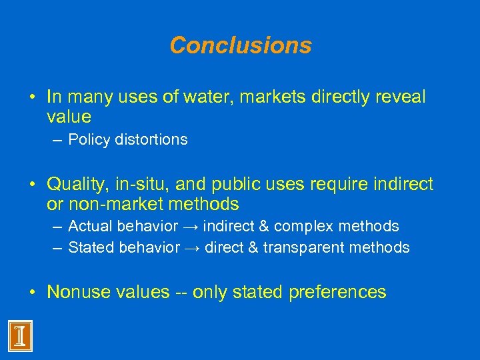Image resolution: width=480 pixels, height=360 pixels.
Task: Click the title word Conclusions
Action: tap(240, 45)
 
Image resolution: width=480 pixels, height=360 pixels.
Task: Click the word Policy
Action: tap(88, 140)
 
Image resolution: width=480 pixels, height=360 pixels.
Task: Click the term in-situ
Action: tap(139, 185)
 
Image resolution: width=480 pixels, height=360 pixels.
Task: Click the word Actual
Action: tap(89, 227)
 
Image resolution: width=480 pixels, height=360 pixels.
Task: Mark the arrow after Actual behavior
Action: tap(192, 227)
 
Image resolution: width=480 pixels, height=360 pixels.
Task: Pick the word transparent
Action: tap(302, 248)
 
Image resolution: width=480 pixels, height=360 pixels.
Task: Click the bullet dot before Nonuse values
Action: tap(33, 292)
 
